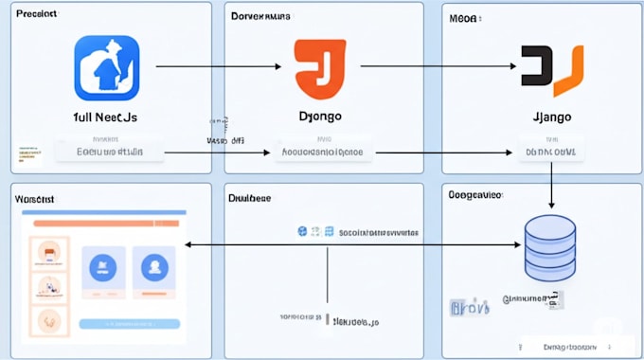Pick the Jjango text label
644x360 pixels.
pyautogui.click(x=550, y=117)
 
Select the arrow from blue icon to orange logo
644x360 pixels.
pyautogui.click(x=218, y=66)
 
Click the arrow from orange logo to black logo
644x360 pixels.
pyautogui.click(x=438, y=66)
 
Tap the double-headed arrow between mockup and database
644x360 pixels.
pyautogui.click(x=352, y=244)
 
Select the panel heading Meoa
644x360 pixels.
pyautogui.click(x=464, y=17)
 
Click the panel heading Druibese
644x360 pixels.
pyautogui.click(x=250, y=198)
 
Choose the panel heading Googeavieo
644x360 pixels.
pyautogui.click(x=475, y=193)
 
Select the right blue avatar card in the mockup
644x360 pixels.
pyautogui.click(x=152, y=268)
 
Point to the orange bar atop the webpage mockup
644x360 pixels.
pyautogui.click(x=105, y=223)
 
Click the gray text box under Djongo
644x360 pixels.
pyautogui.click(x=324, y=151)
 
